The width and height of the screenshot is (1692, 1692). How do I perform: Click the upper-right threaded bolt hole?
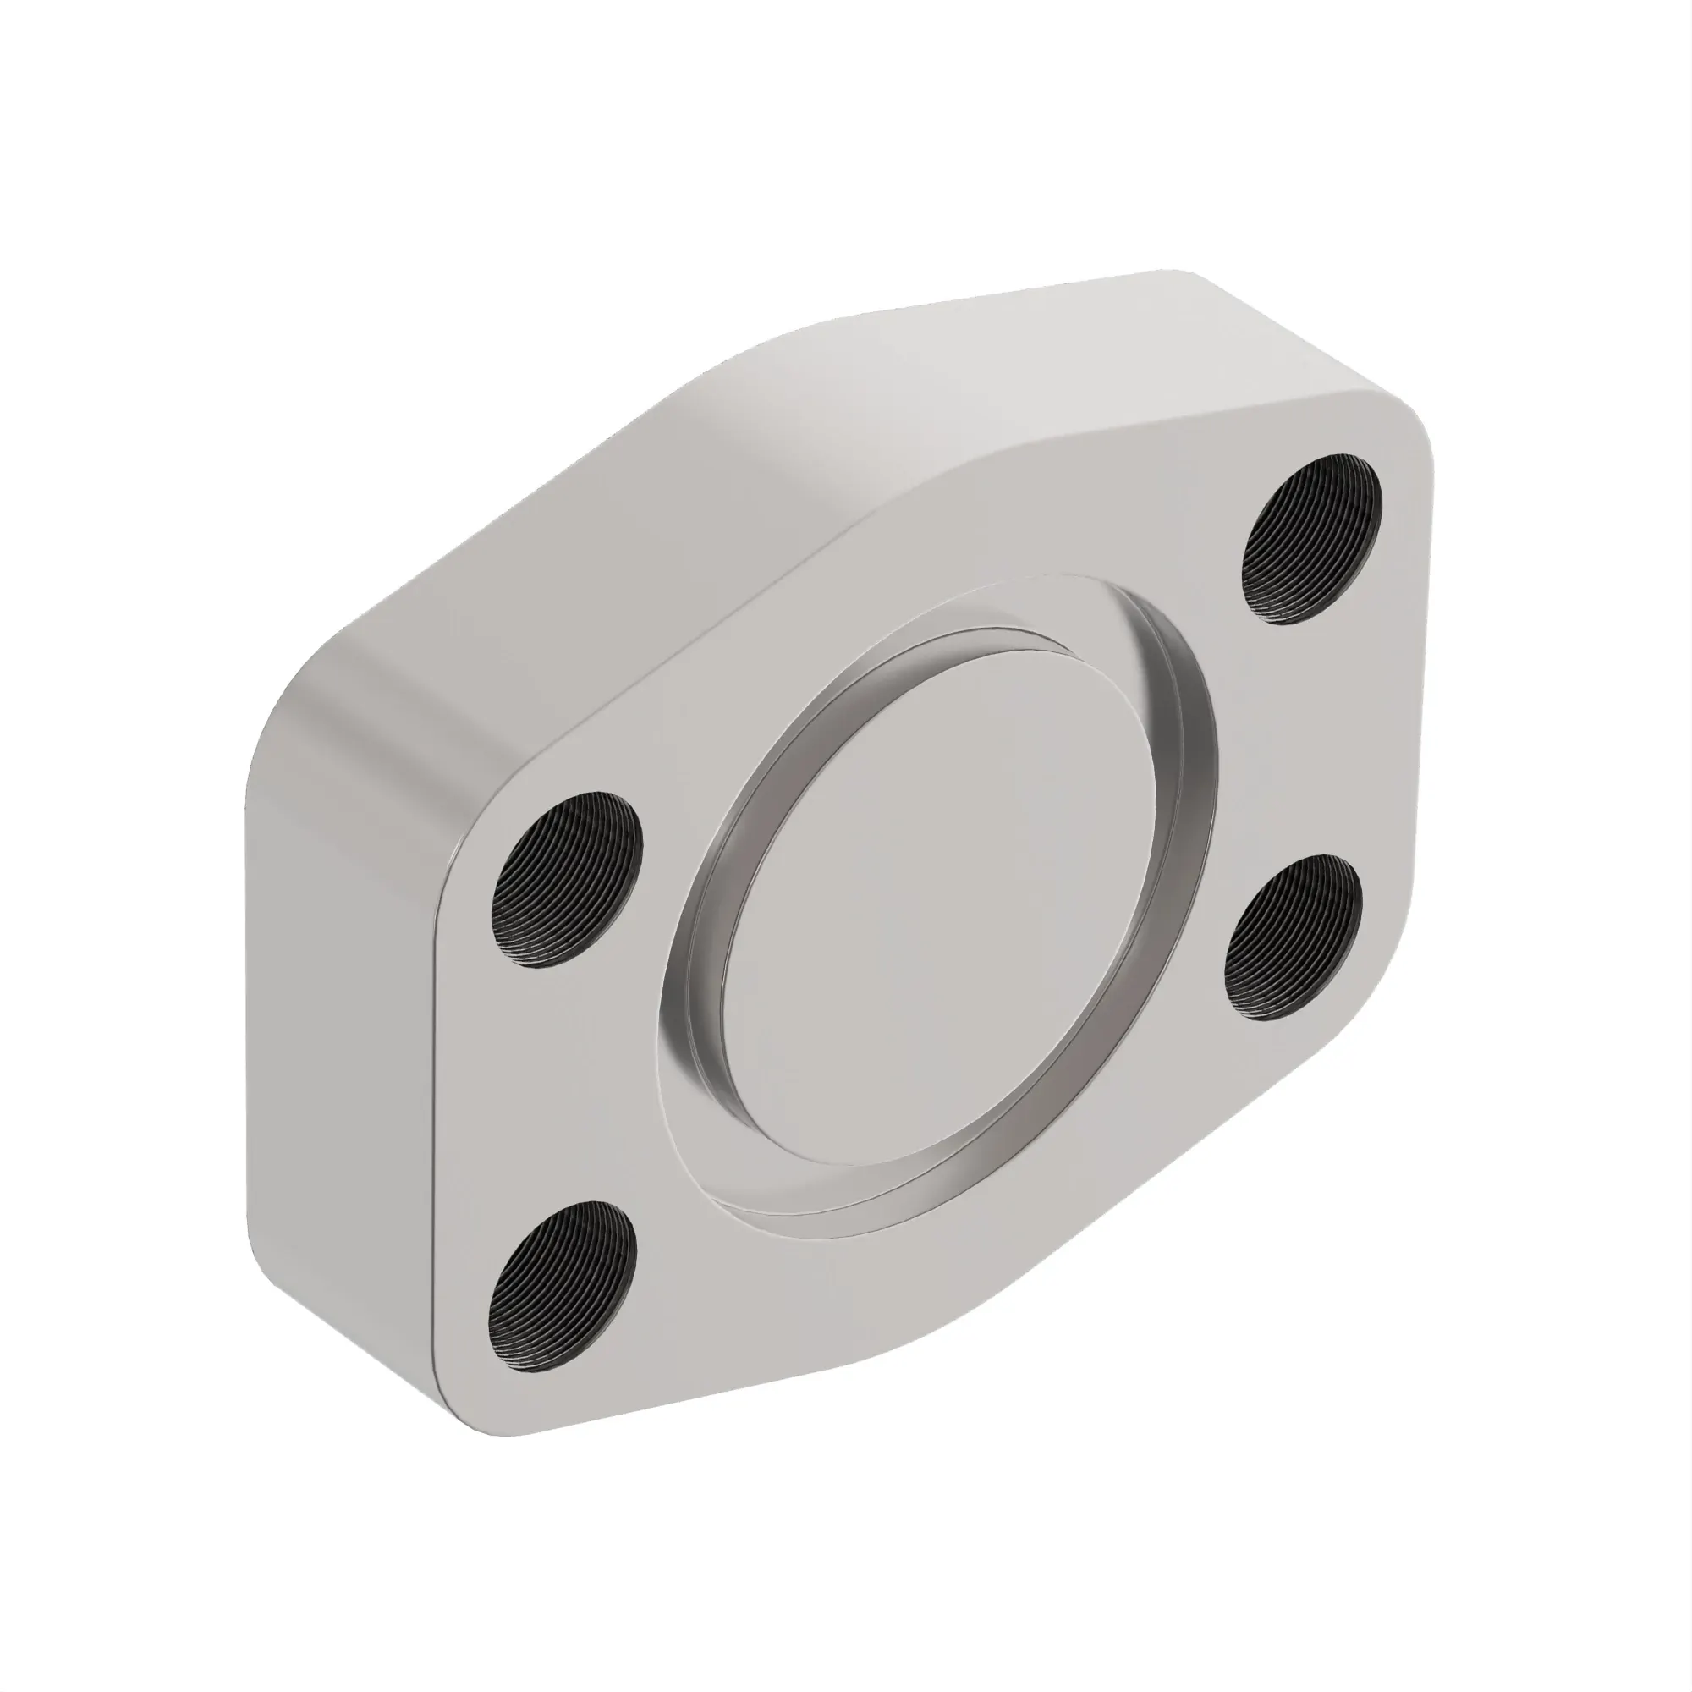pyautogui.click(x=1311, y=540)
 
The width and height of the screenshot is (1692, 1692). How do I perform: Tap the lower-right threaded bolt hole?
pyautogui.click(x=1294, y=937)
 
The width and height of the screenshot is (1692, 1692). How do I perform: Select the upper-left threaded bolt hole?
pyautogui.click(x=567, y=879)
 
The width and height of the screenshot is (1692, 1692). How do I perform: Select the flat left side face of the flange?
pyautogui.click(x=342, y=1007)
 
